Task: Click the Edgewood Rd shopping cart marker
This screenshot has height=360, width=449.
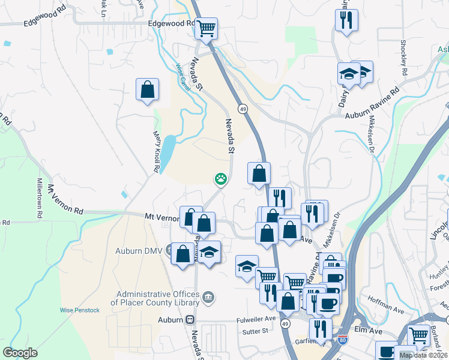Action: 206,28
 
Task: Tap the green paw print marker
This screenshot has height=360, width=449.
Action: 221,178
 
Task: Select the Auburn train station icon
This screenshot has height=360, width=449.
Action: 191,320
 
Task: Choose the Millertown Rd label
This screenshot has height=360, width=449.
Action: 40,198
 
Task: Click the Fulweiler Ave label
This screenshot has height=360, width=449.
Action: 255,319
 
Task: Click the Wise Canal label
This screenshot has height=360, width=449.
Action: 178,75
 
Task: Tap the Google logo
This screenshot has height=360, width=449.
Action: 20,353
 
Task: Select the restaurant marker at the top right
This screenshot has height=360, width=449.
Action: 348,20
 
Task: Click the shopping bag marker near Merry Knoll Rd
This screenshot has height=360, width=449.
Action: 147,89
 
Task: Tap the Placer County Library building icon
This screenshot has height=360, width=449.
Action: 208,296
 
